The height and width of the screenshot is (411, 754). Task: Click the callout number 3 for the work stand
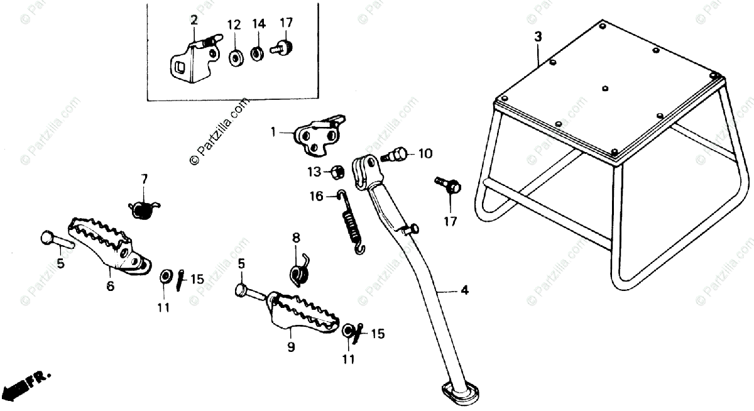(538, 36)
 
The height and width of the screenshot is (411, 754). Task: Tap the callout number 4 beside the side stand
(464, 290)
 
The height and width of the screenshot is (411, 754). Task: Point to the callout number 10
(425, 153)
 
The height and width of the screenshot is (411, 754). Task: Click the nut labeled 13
(336, 171)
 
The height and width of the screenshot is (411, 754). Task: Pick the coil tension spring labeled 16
(352, 222)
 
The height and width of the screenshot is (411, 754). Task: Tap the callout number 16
(316, 197)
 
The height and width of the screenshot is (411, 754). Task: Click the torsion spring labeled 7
(144, 208)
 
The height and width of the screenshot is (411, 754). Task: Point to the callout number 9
(291, 346)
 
